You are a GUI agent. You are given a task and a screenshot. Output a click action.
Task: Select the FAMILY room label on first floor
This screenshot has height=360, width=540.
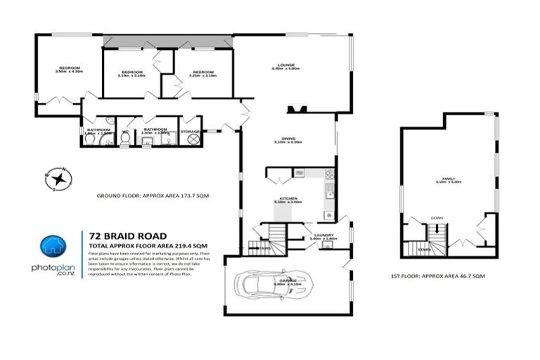click(x=449, y=180)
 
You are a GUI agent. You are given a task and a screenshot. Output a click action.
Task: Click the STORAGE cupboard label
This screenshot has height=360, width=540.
click(x=190, y=131)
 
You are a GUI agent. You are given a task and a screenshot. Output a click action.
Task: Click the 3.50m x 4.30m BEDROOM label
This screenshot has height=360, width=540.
click(x=69, y=69)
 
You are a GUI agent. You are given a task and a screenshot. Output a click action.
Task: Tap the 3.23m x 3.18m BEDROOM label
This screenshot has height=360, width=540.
click(x=202, y=73)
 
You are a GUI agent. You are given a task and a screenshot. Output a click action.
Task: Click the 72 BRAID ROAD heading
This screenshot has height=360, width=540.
click(x=127, y=236)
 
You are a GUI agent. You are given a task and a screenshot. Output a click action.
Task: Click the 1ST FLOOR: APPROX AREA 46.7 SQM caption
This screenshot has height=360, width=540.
click(x=438, y=276)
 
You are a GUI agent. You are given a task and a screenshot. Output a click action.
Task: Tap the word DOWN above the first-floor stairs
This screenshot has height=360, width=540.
click(x=437, y=218)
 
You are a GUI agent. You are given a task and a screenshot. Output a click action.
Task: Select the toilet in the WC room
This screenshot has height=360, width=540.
click(x=125, y=139)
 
